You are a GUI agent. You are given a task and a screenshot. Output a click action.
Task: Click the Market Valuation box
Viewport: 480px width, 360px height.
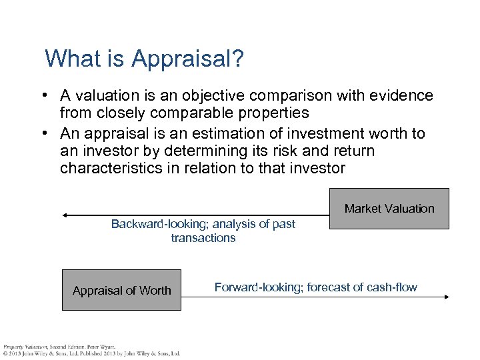pos(389,209)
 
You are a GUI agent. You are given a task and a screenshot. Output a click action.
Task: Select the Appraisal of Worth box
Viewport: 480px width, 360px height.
pos(121,290)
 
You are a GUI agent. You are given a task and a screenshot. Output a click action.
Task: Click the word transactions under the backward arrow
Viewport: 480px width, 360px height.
pos(203,238)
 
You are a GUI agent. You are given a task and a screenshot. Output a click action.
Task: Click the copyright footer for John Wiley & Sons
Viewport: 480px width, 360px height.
pos(91,353)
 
